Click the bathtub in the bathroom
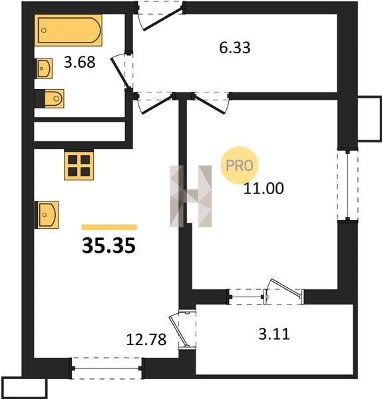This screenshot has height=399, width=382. click(69, 30)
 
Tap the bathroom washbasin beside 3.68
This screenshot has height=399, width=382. click(44, 68)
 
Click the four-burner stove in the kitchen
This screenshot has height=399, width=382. click(79, 165)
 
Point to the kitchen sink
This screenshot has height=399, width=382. click(47, 215)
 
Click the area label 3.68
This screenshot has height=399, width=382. click(79, 62)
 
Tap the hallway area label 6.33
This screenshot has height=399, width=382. click(235, 48)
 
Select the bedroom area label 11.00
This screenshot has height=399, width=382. click(264, 189)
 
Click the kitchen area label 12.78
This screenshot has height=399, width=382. click(146, 339)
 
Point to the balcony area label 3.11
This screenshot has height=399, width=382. click(274, 334)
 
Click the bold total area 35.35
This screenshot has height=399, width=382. click(108, 245)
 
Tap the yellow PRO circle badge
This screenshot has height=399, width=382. click(240, 166)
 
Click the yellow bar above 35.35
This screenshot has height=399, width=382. click(109, 227)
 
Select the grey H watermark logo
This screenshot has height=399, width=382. click(191, 196)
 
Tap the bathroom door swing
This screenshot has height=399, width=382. click(120, 71)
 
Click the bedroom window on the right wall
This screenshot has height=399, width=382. click(347, 185)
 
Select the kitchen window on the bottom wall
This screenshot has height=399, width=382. click(106, 368)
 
